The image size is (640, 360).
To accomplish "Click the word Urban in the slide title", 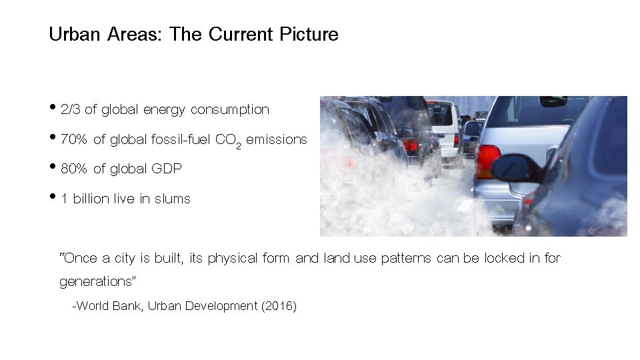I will pyautogui.click(x=73, y=34).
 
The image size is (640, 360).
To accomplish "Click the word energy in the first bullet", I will pyautogui.click(x=162, y=109).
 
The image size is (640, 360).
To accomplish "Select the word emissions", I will pyautogui.click(x=277, y=139).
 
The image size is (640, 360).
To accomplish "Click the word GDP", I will pyautogui.click(x=167, y=169).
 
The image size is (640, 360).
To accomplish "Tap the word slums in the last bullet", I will pyautogui.click(x=173, y=199).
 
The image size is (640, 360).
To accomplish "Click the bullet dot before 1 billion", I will pyautogui.click(x=53, y=198).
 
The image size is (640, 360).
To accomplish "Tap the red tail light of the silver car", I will pyautogui.click(x=487, y=161).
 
